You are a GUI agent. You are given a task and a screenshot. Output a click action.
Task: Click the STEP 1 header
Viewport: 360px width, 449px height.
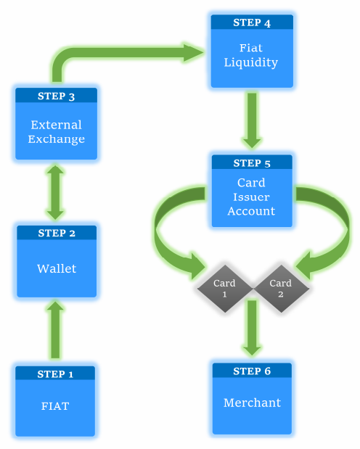tap(55, 374)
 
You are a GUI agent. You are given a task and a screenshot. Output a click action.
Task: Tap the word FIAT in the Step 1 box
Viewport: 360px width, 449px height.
tap(55, 406)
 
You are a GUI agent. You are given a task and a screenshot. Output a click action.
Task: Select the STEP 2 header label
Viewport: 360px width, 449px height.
tap(57, 233)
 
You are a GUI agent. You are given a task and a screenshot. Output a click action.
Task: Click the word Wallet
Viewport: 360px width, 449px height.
tap(57, 268)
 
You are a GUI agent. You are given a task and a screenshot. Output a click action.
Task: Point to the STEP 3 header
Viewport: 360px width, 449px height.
tap(56, 96)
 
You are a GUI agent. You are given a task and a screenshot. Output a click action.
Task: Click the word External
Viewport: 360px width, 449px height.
tap(56, 125)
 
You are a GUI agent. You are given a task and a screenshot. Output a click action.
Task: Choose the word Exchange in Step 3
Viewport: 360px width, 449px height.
tap(56, 139)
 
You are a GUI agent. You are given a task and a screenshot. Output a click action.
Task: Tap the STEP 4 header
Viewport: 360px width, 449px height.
tap(252, 22)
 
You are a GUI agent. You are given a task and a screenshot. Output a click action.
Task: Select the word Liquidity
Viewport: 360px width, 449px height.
tap(251, 62)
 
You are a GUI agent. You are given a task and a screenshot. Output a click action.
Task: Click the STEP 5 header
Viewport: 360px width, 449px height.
tap(252, 163)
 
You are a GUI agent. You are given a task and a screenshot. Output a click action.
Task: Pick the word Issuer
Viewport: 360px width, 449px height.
tap(251, 197)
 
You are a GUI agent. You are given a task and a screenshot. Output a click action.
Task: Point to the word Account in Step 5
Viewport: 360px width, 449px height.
tap(251, 211)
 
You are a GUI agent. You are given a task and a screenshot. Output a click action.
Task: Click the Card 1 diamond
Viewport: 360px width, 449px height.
tap(225, 289)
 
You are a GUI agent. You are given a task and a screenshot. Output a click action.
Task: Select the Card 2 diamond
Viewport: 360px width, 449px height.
tap(281, 289)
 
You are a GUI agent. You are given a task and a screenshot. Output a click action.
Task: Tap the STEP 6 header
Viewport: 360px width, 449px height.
tap(252, 371)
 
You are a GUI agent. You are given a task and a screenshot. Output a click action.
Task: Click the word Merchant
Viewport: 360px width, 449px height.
tap(253, 403)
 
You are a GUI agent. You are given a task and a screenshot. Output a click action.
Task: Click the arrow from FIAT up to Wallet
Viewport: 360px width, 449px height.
tap(55, 329)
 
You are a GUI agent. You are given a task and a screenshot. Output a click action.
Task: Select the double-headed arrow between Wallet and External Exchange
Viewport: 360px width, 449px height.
tap(55, 192)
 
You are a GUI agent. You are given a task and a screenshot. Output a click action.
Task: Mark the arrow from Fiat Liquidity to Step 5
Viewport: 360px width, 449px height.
tap(252, 120)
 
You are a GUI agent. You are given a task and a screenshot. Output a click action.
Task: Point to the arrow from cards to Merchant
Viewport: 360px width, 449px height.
tap(252, 328)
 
